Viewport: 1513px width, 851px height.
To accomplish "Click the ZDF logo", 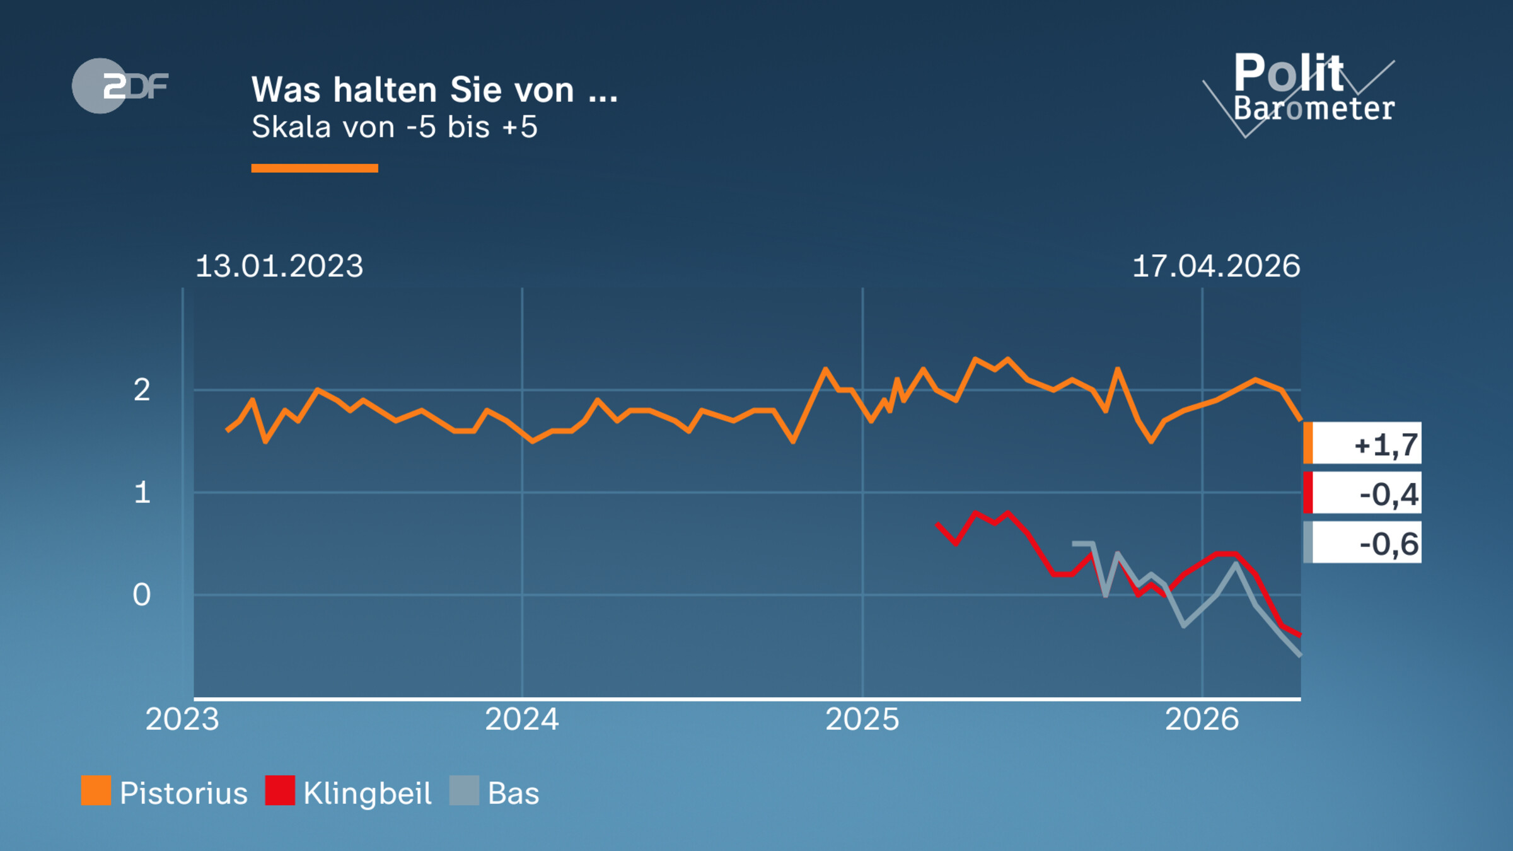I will click(x=120, y=86).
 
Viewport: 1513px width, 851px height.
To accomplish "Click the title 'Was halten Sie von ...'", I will click(x=434, y=90).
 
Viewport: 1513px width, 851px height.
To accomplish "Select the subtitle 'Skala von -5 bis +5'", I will click(x=394, y=127).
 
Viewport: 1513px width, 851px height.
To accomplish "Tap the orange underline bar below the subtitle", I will click(x=314, y=168).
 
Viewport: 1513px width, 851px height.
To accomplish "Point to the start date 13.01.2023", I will click(x=279, y=266).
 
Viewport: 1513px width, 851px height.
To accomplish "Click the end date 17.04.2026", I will click(x=1216, y=266).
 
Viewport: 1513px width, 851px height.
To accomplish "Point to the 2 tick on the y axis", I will click(x=142, y=390).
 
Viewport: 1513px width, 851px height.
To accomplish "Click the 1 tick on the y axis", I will click(x=142, y=492).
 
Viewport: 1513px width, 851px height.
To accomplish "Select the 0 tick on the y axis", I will click(x=142, y=594).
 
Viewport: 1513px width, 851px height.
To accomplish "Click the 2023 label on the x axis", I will click(x=182, y=719).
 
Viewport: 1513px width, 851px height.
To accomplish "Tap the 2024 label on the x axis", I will click(x=521, y=719).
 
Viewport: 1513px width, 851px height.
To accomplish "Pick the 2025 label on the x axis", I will click(x=862, y=719).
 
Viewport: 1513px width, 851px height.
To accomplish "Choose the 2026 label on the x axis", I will click(x=1202, y=719).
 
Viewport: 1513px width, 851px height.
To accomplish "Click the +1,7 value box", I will click(x=1363, y=443).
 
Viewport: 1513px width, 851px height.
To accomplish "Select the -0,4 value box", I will click(x=1363, y=493).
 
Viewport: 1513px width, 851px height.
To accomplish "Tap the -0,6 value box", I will click(x=1363, y=543).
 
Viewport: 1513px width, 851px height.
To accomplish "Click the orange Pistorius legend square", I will click(x=96, y=790).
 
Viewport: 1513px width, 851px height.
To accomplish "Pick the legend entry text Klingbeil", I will click(x=367, y=793).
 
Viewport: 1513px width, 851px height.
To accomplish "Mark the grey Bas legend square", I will click(x=464, y=790).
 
